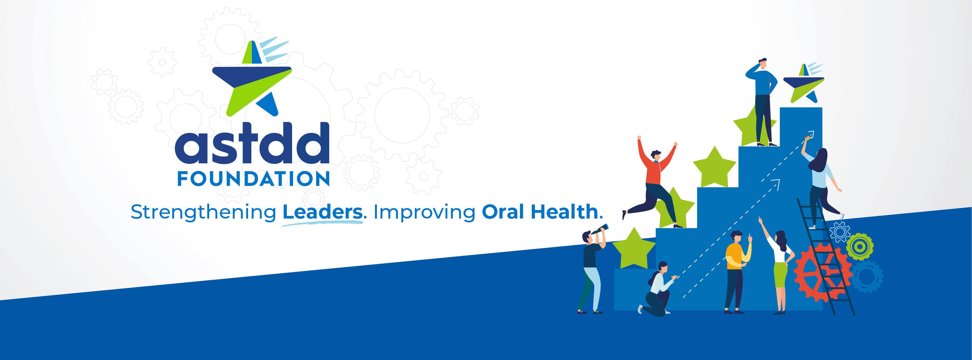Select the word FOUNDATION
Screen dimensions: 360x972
(254, 179)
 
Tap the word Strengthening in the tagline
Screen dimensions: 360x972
(203, 212)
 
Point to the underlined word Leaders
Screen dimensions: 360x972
(322, 212)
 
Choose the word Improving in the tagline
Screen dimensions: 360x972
(424, 212)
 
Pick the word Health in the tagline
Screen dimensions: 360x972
(564, 212)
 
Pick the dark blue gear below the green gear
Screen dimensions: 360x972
(867, 277)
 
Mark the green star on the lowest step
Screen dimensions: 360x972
(634, 249)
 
